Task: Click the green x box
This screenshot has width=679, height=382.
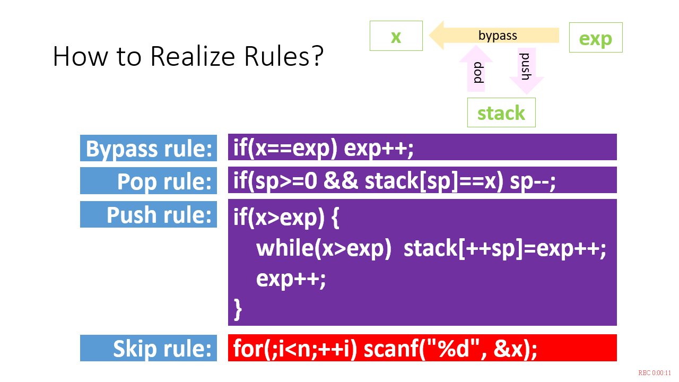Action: pyautogui.click(x=396, y=36)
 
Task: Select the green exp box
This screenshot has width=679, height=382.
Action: pyautogui.click(x=596, y=37)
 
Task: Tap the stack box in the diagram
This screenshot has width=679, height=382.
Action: pyautogui.click(x=501, y=112)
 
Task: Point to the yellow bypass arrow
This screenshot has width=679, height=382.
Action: pyautogui.click(x=494, y=35)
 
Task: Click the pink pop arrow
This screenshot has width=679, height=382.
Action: pyautogui.click(x=476, y=68)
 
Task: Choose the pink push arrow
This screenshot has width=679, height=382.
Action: pyautogui.click(x=527, y=71)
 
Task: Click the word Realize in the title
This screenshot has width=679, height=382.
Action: pyautogui.click(x=193, y=56)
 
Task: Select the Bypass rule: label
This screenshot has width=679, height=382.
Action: pyautogui.click(x=149, y=148)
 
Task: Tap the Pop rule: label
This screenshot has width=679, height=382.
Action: pyautogui.click(x=149, y=181)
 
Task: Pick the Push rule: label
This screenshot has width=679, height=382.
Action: pyautogui.click(x=149, y=214)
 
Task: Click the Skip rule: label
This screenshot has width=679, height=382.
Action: pyautogui.click(x=149, y=348)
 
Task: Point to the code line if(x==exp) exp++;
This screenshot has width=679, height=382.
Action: pyautogui.click(x=324, y=148)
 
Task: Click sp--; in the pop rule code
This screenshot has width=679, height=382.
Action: pyautogui.click(x=533, y=181)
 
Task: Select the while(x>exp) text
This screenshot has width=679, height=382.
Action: pyautogui.click(x=324, y=248)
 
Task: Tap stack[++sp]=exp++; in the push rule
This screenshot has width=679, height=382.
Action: pyautogui.click(x=504, y=249)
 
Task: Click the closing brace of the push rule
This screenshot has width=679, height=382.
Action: pyautogui.click(x=238, y=309)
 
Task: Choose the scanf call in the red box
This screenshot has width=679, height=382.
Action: pyautogui.click(x=450, y=349)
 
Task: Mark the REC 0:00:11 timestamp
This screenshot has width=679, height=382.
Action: pyautogui.click(x=655, y=372)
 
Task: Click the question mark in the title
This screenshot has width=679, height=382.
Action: pyautogui.click(x=317, y=56)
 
